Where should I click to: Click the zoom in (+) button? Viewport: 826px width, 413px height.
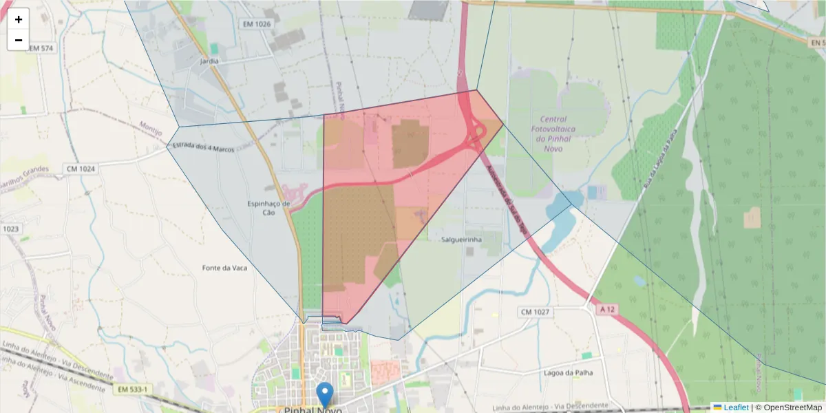(19, 19)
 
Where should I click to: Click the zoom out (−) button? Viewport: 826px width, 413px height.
(19, 40)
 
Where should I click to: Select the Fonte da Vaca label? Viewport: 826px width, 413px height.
(224, 268)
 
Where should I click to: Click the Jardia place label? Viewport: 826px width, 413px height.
(209, 61)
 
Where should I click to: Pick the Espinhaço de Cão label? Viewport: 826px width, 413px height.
(269, 208)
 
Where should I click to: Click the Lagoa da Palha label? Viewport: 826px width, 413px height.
(568, 372)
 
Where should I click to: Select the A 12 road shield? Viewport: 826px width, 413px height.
(606, 310)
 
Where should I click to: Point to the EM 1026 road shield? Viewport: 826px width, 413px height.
(256, 24)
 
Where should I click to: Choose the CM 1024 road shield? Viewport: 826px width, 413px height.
(81, 169)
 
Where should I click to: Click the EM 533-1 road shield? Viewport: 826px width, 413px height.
(131, 390)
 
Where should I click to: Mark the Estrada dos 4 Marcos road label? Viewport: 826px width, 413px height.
(204, 147)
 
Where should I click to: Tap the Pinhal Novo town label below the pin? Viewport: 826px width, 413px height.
(313, 410)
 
